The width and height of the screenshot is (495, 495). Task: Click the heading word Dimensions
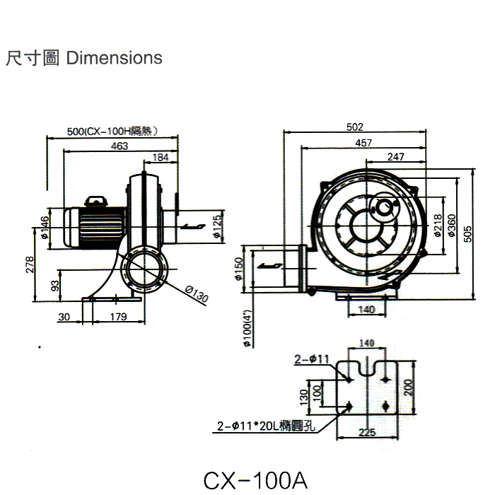114,57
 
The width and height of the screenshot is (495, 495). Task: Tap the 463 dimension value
119,146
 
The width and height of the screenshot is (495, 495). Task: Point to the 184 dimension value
161,157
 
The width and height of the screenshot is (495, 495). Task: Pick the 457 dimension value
363,144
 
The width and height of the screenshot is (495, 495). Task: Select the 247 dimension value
396,156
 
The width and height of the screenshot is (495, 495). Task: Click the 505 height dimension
467,233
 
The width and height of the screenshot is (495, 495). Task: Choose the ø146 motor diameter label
45,227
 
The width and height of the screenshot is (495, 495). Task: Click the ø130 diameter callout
197,293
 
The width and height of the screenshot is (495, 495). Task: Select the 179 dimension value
118,318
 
